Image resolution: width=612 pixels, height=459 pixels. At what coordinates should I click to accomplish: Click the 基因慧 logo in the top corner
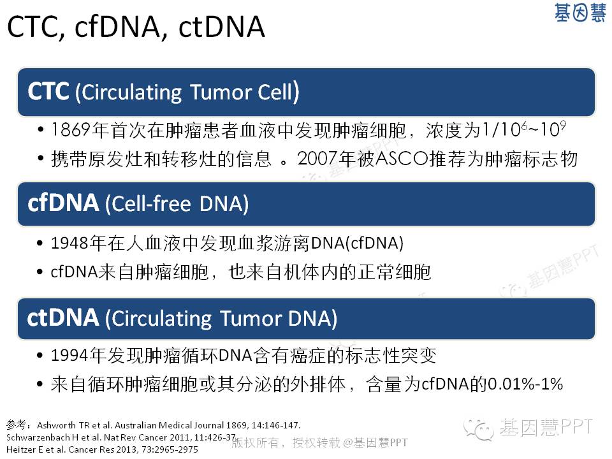coord(580,13)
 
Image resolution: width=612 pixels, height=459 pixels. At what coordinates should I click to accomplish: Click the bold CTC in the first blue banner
coord(48,92)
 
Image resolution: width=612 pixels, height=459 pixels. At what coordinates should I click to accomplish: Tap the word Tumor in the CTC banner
coord(221,92)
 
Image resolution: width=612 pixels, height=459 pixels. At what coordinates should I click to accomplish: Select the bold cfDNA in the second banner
coord(63,203)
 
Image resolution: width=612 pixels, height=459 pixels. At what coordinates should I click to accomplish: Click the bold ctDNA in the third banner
coord(63,317)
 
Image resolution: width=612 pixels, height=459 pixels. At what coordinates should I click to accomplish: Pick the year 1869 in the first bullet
coord(71,130)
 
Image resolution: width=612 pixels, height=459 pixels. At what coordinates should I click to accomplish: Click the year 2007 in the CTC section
coord(317,159)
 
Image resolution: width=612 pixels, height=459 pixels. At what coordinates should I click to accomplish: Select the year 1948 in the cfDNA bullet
coord(70,243)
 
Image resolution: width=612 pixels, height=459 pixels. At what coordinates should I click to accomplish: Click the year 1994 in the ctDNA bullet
coord(70,355)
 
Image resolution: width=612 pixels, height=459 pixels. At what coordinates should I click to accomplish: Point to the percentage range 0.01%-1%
coord(525,384)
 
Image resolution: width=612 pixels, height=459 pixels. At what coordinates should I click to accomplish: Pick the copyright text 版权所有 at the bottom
coord(255,442)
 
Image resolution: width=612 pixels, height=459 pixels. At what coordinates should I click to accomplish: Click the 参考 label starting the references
coord(16,425)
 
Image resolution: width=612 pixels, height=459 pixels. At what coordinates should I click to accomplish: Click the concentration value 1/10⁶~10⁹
coord(524,129)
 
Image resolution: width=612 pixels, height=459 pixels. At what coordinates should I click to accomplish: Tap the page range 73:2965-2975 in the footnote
coord(170,449)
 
